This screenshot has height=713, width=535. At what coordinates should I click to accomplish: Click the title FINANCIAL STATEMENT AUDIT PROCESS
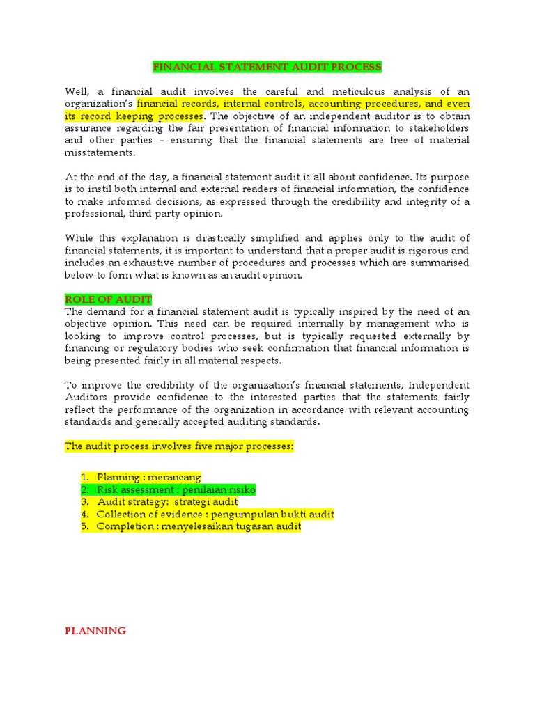point(267,67)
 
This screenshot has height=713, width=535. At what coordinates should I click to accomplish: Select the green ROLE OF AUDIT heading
point(108,299)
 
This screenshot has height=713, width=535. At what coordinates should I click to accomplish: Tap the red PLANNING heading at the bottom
point(95,631)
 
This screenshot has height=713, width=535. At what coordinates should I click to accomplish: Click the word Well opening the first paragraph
point(77,91)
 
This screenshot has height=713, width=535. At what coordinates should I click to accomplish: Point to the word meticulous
point(350,91)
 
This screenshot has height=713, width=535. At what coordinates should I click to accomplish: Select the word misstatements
point(100,152)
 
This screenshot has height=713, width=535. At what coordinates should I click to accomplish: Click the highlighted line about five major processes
point(180,446)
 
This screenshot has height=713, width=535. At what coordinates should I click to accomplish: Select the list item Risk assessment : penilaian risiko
point(176,489)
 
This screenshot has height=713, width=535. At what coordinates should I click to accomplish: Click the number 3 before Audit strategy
point(84,502)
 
